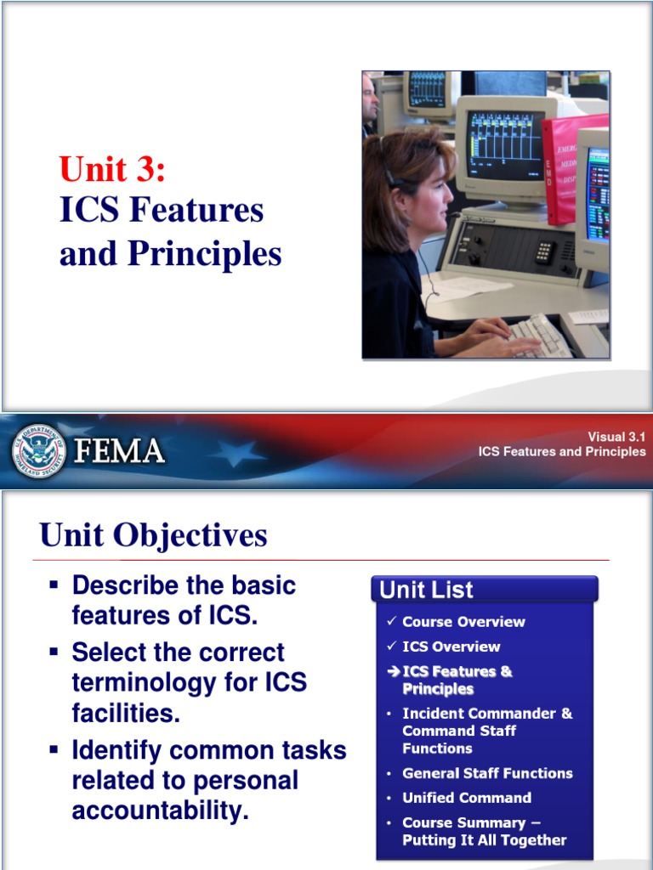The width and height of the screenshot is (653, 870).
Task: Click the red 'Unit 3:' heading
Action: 112,169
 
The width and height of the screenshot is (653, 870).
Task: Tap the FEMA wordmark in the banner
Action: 119,451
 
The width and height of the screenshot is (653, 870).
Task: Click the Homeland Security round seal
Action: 40,451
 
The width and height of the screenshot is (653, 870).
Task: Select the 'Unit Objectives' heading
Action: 153,535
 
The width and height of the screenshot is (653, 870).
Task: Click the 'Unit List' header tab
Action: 426,590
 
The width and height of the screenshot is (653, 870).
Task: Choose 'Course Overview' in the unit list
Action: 463,622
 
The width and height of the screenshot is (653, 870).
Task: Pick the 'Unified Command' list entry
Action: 467,798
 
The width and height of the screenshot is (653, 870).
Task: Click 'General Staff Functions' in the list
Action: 487,773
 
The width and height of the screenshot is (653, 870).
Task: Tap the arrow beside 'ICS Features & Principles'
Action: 393,672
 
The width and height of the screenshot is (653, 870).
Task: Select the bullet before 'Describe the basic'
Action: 54,585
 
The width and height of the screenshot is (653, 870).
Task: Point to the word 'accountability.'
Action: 160,811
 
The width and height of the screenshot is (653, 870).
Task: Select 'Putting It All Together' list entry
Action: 484,840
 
